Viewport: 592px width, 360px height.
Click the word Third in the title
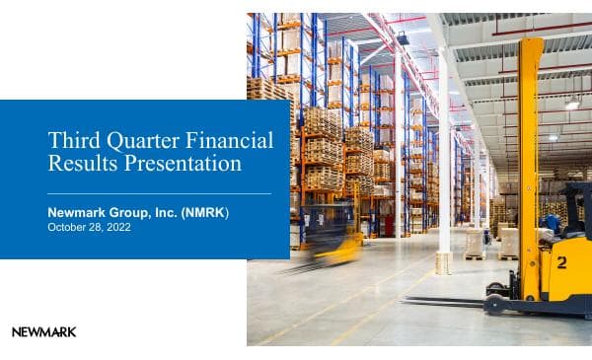[72, 140]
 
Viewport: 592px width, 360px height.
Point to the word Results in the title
[82, 163]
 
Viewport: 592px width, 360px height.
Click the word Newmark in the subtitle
[82, 212]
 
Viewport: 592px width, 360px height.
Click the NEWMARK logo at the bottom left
[43, 332]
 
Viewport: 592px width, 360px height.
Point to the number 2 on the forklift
[560, 262]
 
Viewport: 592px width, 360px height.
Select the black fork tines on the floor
[444, 301]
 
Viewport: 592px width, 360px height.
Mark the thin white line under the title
[159, 193]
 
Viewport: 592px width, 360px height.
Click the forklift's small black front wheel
[494, 305]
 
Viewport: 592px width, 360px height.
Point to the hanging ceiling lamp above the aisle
[403, 38]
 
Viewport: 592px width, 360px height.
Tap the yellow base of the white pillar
[444, 262]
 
